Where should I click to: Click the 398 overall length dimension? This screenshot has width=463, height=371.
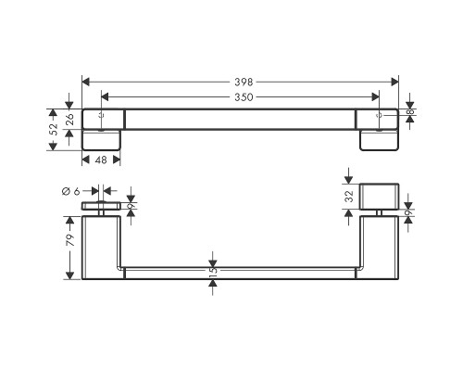point(244,83)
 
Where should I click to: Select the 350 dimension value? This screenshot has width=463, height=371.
point(244,97)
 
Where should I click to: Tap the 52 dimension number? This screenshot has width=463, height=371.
point(54,129)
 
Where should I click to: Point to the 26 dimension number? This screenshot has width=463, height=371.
point(69,119)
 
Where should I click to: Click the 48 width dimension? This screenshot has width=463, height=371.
point(101,160)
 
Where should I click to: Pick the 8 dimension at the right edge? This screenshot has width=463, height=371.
point(411,112)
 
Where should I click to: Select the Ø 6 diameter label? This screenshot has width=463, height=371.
point(71,192)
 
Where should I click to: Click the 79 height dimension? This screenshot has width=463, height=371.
point(70,240)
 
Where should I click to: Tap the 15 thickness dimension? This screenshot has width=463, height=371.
point(213,271)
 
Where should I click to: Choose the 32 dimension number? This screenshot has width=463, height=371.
point(349,196)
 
